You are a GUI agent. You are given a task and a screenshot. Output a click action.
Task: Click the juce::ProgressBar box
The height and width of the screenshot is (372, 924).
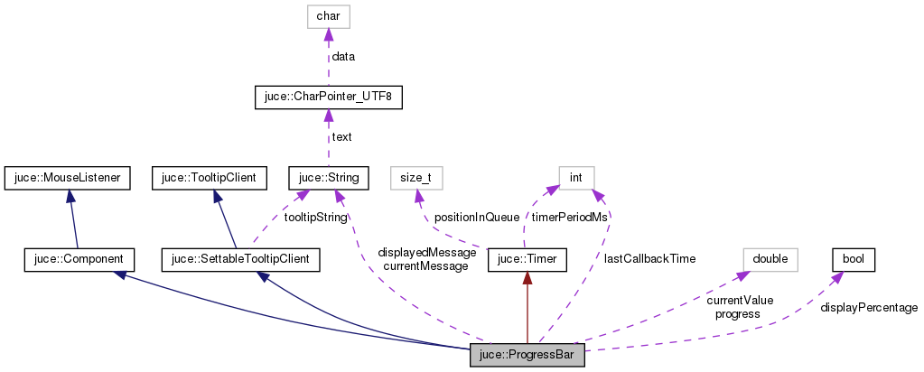click(527, 356)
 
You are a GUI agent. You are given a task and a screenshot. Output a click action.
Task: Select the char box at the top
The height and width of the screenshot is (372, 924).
click(327, 16)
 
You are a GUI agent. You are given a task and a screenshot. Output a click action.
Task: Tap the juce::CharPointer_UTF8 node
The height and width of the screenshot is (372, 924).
click(327, 96)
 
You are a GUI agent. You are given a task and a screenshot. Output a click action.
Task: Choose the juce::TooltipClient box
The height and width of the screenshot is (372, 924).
click(210, 177)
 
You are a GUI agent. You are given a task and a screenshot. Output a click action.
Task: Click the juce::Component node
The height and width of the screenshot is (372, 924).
click(79, 260)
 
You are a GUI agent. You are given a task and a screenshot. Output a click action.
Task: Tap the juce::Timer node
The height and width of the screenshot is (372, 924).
click(527, 260)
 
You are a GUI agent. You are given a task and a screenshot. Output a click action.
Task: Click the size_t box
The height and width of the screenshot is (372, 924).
click(416, 177)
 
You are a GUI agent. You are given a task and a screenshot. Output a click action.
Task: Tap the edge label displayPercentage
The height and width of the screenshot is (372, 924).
click(868, 308)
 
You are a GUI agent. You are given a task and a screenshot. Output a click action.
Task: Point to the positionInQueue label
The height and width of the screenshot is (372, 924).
click(476, 218)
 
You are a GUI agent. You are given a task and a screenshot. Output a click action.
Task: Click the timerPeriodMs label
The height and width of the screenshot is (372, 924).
click(568, 218)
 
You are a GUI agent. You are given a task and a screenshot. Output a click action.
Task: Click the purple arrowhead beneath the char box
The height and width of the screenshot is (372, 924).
click(327, 34)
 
